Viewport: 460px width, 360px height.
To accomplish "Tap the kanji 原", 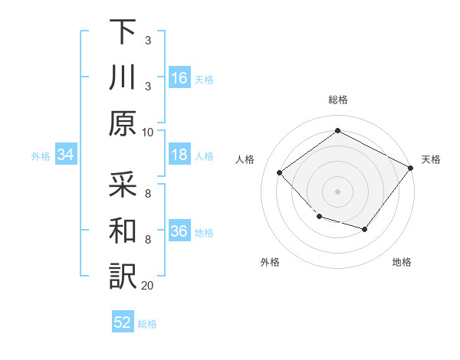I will tap(123, 123).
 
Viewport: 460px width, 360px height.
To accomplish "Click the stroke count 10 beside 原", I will tap(148, 132).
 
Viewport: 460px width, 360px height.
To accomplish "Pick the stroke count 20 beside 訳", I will tap(148, 286).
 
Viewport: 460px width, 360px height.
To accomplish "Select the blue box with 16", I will tap(179, 78).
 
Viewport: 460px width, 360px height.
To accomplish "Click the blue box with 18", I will tap(179, 155).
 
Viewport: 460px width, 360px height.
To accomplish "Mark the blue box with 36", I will tap(179, 232).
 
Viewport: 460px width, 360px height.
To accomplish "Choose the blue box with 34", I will tap(66, 155).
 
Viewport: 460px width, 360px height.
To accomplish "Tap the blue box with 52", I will tap(123, 323).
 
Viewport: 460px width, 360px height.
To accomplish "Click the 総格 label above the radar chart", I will tap(337, 100).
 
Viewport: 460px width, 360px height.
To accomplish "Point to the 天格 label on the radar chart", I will tap(431, 159).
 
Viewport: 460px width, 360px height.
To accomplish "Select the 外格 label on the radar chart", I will tap(270, 263).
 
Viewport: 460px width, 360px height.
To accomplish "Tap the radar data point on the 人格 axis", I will tap(280, 173).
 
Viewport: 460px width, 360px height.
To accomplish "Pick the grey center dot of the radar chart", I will tap(337, 191).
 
